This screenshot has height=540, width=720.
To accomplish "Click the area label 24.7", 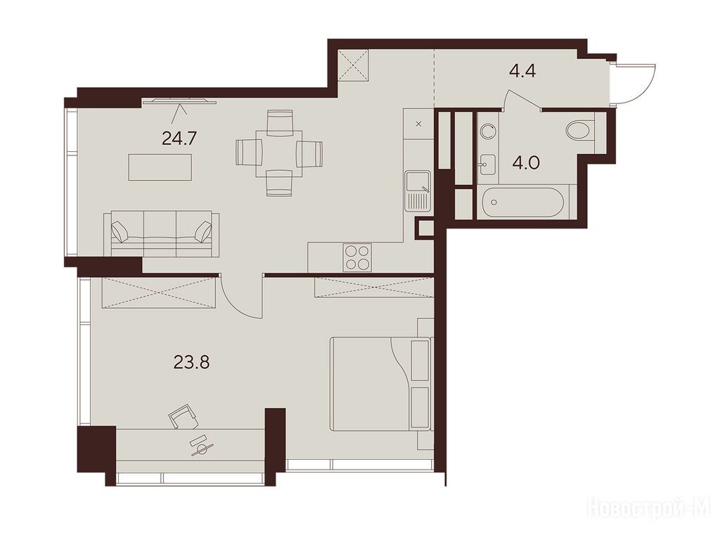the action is [x=179, y=138].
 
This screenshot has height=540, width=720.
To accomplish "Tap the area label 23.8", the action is [x=192, y=363].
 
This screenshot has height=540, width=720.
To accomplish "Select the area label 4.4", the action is [x=522, y=72].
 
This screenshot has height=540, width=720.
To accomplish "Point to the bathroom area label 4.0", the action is [x=526, y=163].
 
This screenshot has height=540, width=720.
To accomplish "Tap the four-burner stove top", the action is [x=356, y=257].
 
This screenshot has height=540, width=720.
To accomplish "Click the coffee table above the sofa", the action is [x=160, y=167].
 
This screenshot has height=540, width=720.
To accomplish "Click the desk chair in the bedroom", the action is [x=184, y=416].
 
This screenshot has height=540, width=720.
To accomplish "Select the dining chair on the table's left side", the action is [x=249, y=153].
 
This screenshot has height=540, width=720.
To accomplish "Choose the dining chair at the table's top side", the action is [x=280, y=123].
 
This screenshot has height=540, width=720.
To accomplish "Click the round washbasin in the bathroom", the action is [x=487, y=131].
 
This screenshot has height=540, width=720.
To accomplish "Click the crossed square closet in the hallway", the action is [x=354, y=65].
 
